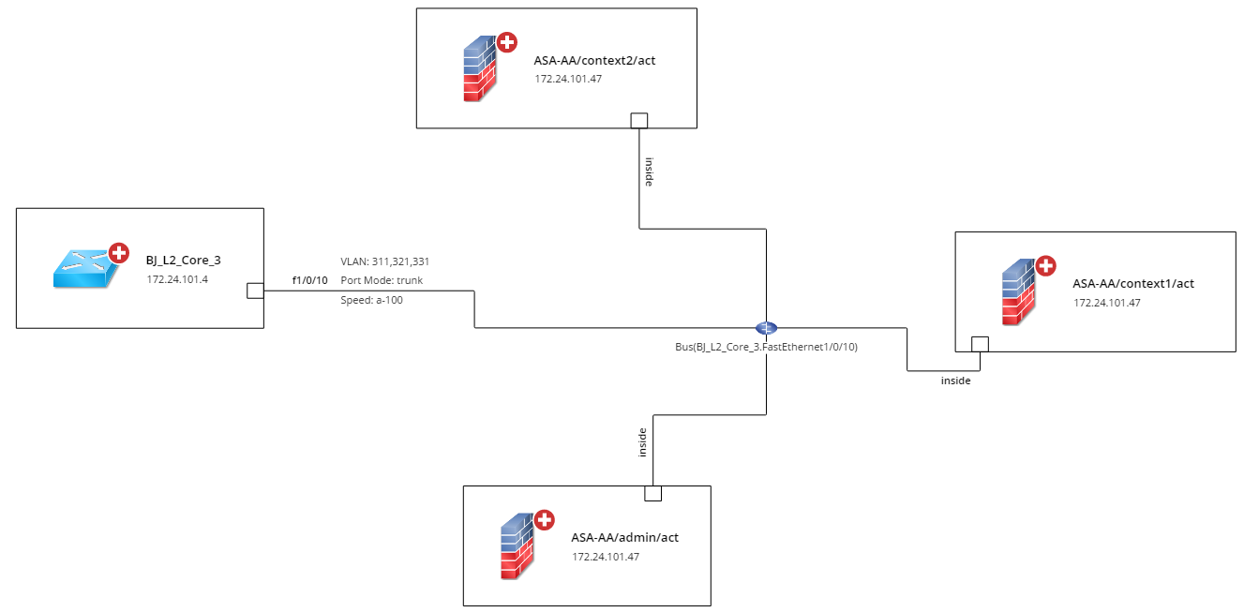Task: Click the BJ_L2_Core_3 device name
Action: (x=184, y=261)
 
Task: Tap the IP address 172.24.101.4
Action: (x=175, y=279)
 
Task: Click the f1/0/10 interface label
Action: (x=310, y=280)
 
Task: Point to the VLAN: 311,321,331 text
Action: (x=384, y=261)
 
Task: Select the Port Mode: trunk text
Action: (x=382, y=280)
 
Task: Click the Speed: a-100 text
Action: (x=371, y=300)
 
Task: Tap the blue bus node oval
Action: (x=766, y=328)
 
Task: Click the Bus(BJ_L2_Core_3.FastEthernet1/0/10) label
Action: (x=766, y=347)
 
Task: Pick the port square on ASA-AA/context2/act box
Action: (x=639, y=120)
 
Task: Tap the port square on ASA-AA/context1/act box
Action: (x=980, y=343)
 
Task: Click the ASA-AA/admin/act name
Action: (x=624, y=537)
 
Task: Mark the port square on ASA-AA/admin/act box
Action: (x=652, y=493)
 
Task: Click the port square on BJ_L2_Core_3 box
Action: (x=254, y=291)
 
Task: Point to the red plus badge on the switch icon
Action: (x=119, y=252)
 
